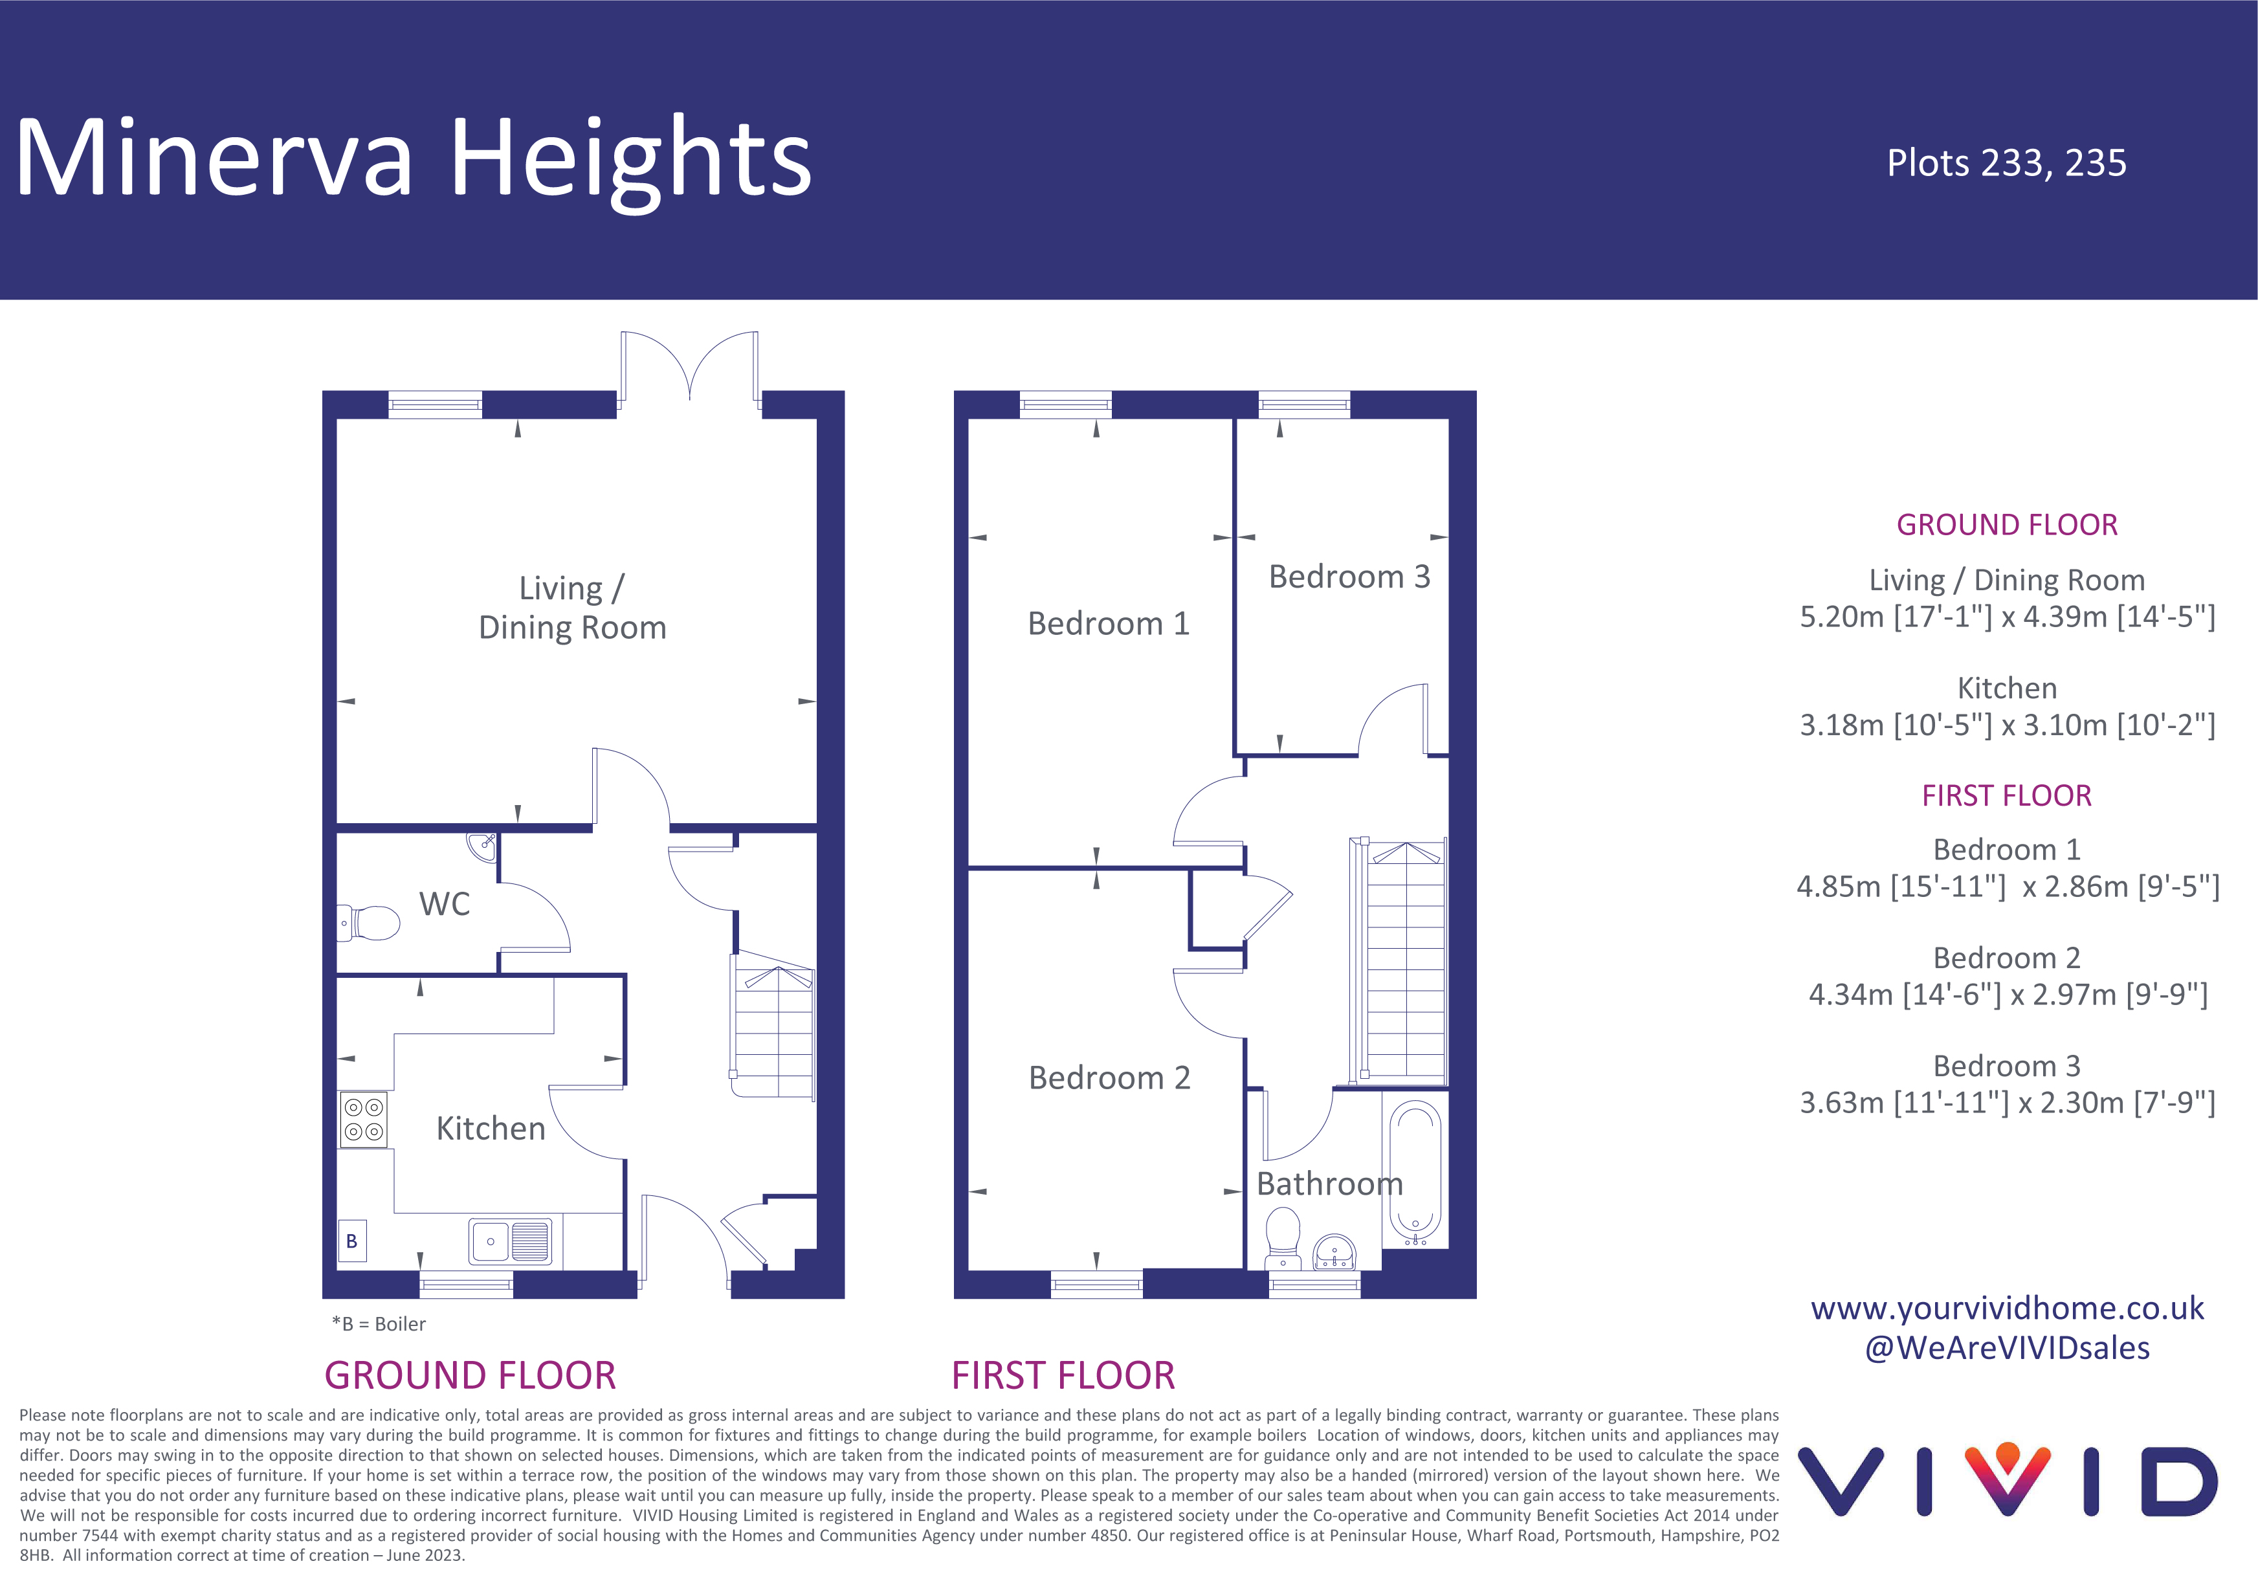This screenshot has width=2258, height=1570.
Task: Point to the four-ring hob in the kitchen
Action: click(x=364, y=1120)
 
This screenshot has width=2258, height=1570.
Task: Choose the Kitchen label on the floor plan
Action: click(x=490, y=1128)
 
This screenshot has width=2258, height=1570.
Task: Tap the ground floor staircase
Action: click(x=774, y=1028)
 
